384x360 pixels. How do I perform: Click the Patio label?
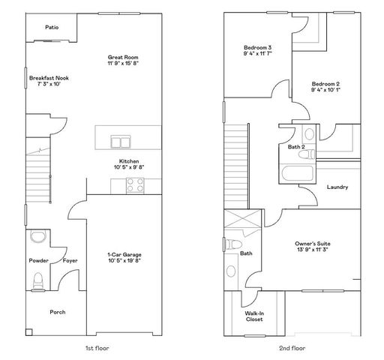51,27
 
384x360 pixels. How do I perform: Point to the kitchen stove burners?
136,181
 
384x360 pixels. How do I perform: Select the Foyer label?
70,261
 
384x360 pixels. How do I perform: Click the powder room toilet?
38,280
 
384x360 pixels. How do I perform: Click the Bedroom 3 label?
257,49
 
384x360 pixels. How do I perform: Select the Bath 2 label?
296,147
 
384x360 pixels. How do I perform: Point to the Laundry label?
337,187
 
